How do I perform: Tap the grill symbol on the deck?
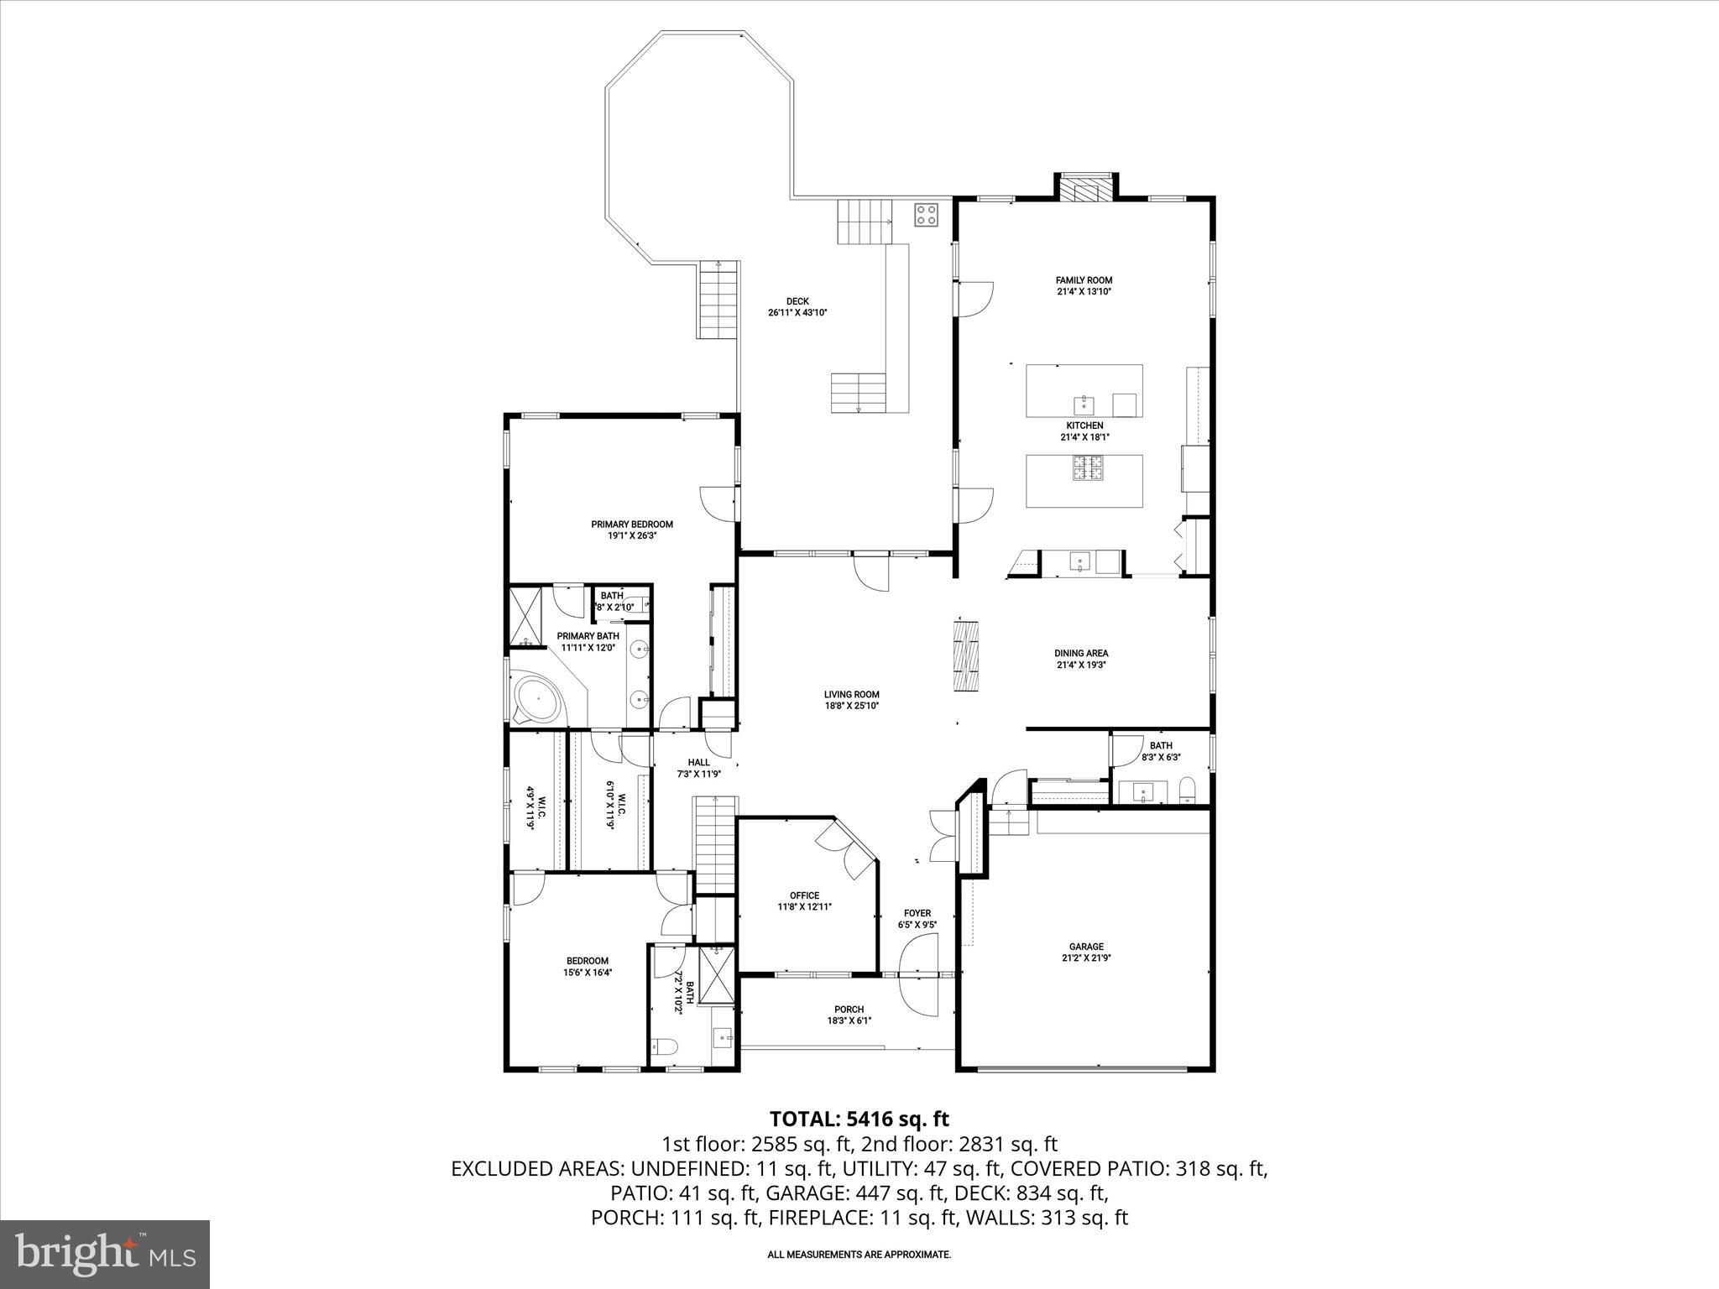pos(926,214)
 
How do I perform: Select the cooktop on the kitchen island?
pos(1087,467)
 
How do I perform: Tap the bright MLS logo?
pos(106,1254)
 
